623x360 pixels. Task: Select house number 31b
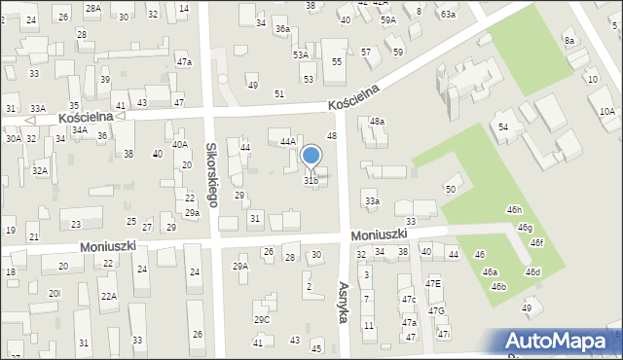pyautogui.click(x=311, y=180)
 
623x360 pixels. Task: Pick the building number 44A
pyautogui.click(x=287, y=141)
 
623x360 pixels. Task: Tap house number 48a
pyautogui.click(x=377, y=122)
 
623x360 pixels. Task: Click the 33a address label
pyautogui.click(x=372, y=201)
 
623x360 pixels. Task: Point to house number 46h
pyautogui.click(x=514, y=209)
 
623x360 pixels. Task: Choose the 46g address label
pyautogui.click(x=526, y=228)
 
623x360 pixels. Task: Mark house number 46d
pyautogui.click(x=532, y=271)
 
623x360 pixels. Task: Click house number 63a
pyautogui.click(x=447, y=15)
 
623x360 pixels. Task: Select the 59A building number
pyautogui.click(x=388, y=19)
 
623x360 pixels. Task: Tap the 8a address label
pyautogui.click(x=569, y=41)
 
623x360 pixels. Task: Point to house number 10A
pyautogui.click(x=606, y=112)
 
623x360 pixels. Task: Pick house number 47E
pyautogui.click(x=433, y=283)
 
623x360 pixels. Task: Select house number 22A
pyautogui.click(x=108, y=296)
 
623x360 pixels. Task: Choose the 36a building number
pyautogui.click(x=281, y=29)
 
